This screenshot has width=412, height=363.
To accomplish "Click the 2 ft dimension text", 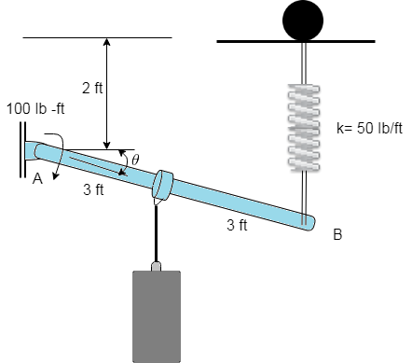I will click(x=92, y=89).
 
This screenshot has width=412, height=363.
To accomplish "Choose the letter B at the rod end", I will click(x=337, y=235).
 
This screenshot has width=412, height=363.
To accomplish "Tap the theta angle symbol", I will click(x=135, y=160).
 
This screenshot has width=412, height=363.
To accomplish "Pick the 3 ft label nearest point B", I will click(x=238, y=225).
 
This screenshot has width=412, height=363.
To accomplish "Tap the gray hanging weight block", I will click(x=156, y=315).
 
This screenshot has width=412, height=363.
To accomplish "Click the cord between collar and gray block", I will click(x=157, y=233).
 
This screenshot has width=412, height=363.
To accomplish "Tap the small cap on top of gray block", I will click(x=157, y=267).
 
